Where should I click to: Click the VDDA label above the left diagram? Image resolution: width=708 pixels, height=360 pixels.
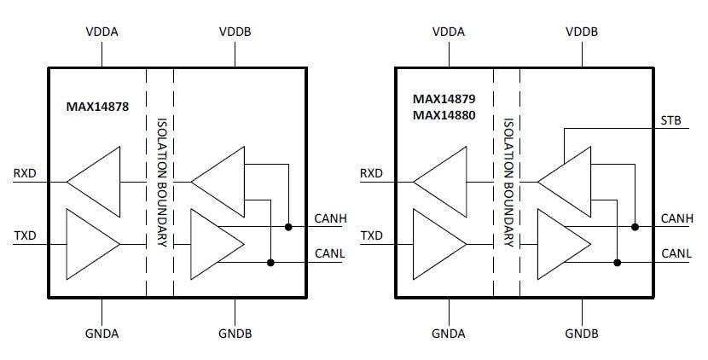(x=102, y=32)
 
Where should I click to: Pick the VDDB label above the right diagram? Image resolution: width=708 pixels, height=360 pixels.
(x=582, y=32)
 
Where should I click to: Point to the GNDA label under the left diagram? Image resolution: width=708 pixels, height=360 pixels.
(x=102, y=333)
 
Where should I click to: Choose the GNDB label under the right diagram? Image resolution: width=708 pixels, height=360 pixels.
(x=582, y=333)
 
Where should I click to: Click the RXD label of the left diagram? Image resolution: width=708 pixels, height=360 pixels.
(x=25, y=175)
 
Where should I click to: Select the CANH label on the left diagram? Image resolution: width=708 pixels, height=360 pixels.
(x=330, y=219)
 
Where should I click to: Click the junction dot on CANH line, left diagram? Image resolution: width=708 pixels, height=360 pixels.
(x=289, y=227)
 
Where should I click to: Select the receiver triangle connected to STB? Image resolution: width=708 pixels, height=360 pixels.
(x=567, y=181)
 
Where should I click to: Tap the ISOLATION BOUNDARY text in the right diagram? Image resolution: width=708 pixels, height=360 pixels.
(x=507, y=183)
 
